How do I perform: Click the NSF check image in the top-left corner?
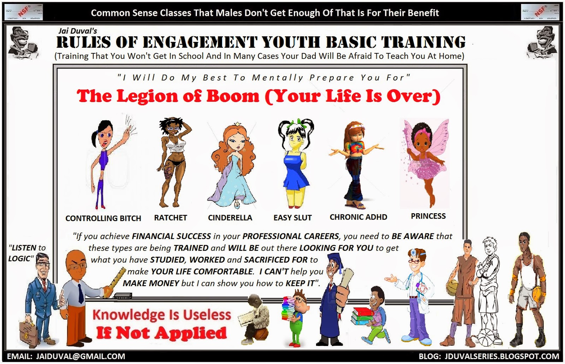coord(24,12)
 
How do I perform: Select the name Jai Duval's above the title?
coord(78,31)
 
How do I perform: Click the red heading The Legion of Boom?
coord(168,96)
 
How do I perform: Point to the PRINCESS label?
coord(428,216)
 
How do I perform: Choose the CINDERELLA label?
coord(230,217)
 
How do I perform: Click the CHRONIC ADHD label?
coord(358,217)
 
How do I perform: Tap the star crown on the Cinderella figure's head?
coord(238,124)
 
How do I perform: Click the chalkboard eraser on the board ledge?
coord(123,296)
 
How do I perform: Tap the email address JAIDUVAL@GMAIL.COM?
coord(66,357)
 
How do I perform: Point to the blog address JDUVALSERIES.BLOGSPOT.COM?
coord(489,357)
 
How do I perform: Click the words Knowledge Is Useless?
coord(162,315)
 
